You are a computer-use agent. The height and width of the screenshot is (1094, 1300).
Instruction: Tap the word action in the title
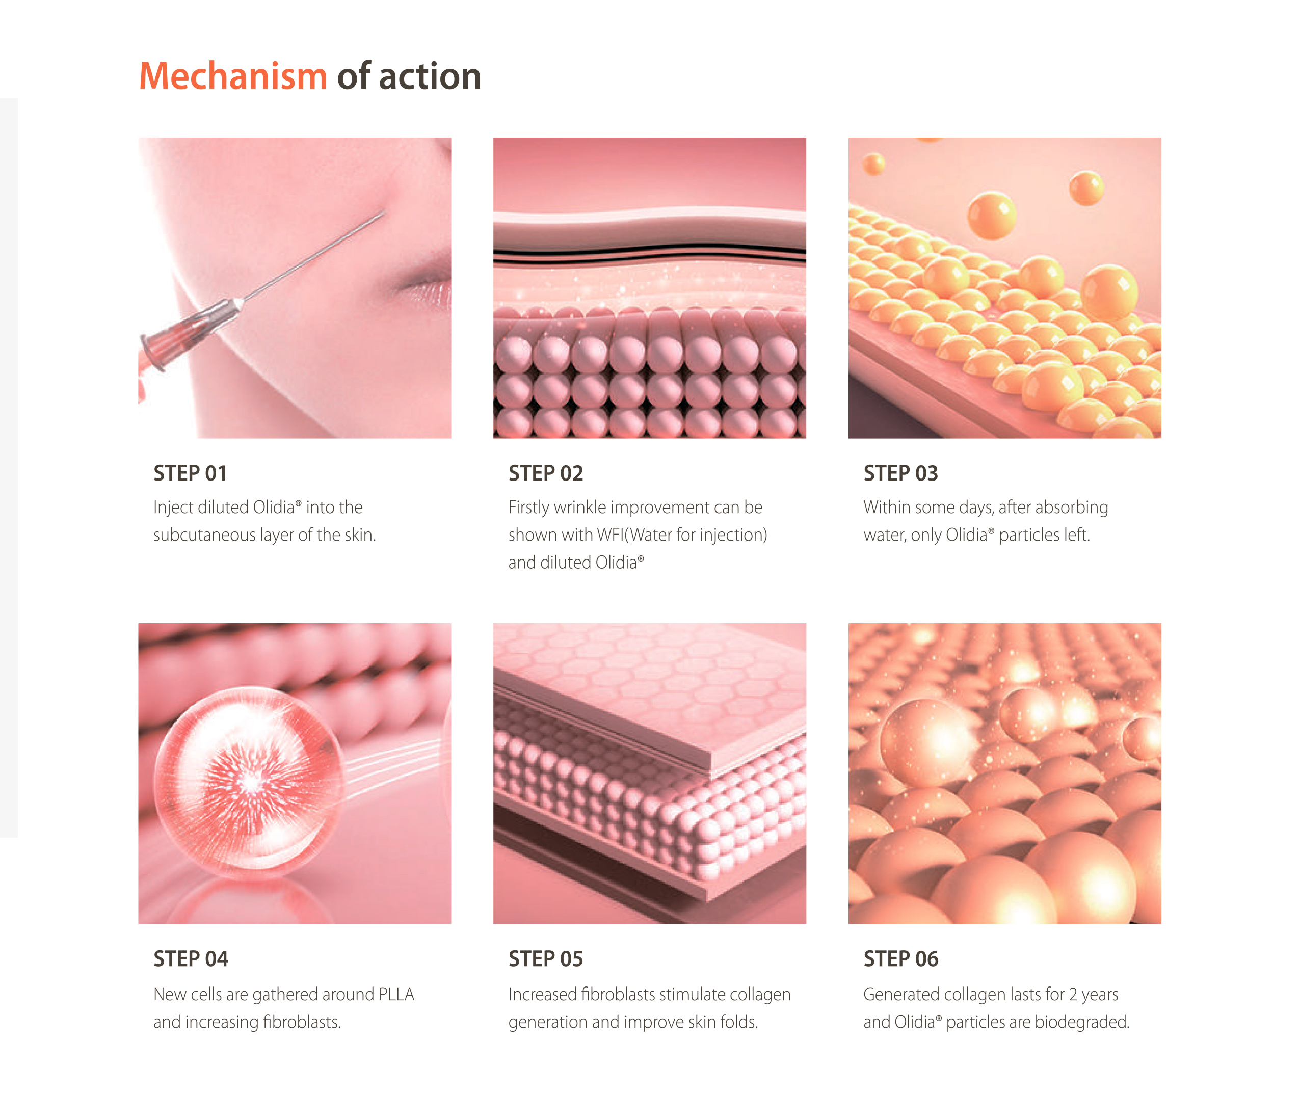tap(430, 76)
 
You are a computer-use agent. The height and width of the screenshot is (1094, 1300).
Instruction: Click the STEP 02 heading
tap(546, 473)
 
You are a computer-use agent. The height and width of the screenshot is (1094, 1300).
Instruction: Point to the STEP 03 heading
tap(900, 473)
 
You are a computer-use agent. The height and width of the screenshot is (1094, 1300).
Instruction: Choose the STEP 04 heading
tap(191, 959)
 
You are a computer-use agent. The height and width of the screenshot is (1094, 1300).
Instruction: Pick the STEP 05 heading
tap(546, 959)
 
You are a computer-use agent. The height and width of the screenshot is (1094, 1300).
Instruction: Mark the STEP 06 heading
tap(900, 959)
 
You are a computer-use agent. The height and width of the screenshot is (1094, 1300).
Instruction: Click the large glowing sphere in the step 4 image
tap(248, 782)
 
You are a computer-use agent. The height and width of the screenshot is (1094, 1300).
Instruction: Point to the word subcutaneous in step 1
tap(204, 535)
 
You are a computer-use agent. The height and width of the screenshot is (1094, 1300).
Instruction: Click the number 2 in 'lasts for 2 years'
tap(1072, 995)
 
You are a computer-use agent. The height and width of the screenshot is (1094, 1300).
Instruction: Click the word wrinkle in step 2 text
tap(584, 508)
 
